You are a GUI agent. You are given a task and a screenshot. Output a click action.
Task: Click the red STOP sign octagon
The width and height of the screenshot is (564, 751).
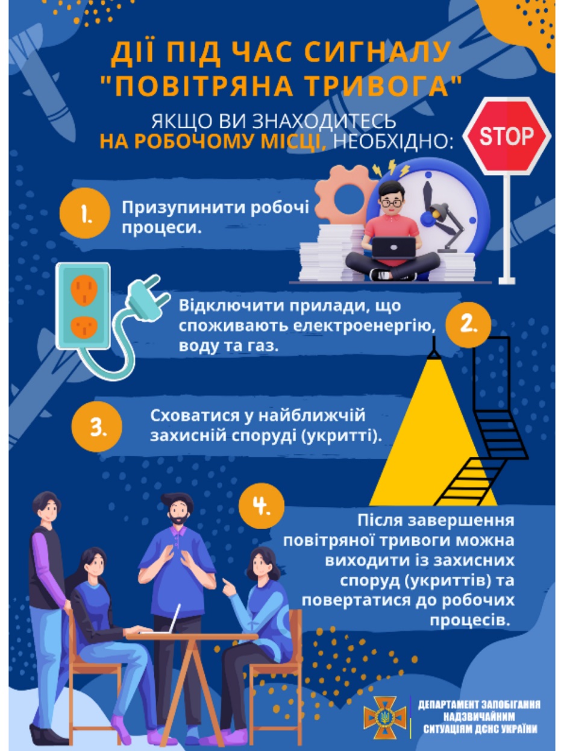[507, 136]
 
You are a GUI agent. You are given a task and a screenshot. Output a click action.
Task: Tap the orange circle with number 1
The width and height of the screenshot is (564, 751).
[85, 213]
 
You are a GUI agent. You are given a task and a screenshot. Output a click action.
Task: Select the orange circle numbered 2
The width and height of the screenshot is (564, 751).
[468, 325]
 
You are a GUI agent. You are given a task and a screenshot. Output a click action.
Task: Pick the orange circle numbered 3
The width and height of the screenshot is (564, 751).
[97, 426]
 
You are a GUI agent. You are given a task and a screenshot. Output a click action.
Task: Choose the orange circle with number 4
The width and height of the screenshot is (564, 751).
[262, 506]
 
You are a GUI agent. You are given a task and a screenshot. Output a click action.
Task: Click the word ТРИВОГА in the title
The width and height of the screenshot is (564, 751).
[377, 86]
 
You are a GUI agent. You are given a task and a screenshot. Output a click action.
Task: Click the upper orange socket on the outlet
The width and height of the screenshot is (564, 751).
[84, 290]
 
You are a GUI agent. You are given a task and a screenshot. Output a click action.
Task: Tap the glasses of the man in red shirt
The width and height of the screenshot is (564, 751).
[392, 203]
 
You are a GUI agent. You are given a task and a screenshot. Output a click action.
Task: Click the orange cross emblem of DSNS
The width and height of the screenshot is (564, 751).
[385, 717]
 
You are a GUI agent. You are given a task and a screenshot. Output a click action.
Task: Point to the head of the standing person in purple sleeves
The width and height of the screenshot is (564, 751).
[47, 507]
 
